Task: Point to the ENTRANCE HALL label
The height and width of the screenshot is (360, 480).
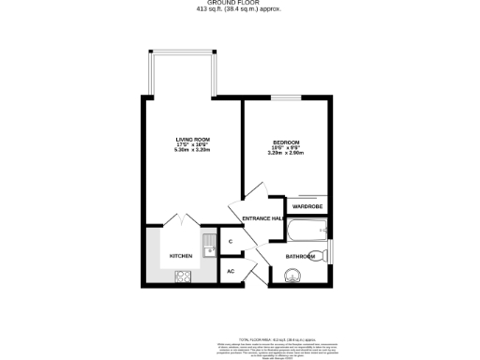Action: coord(263,219)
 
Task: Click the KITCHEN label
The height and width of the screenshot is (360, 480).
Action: coord(181,256)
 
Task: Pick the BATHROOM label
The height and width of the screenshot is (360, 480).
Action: coord(301,256)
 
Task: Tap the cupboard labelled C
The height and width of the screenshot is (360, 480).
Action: coord(231,242)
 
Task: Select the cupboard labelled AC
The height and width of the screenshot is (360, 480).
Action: coord(231,272)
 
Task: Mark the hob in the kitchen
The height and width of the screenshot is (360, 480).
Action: coord(182,276)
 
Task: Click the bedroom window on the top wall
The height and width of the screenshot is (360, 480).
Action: coord(287,97)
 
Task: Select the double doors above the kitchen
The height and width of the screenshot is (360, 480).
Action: coord(181,221)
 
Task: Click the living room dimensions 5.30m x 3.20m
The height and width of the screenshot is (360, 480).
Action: coord(190,151)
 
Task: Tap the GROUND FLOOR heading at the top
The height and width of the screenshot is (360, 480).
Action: coord(239,3)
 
